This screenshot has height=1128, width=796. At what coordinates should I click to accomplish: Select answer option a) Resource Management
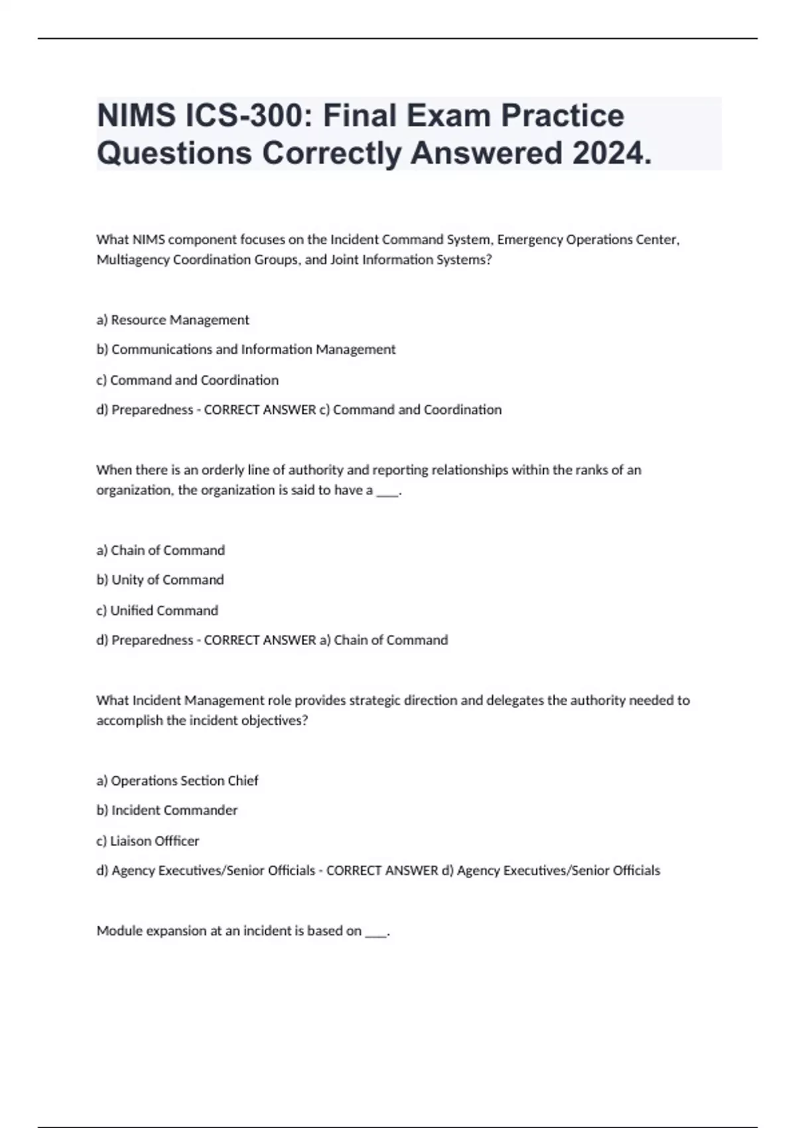click(x=172, y=320)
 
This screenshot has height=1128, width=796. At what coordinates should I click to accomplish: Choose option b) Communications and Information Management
click(x=245, y=349)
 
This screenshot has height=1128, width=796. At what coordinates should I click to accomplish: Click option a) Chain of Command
click(x=161, y=550)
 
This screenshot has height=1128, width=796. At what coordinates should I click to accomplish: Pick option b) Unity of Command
click(x=160, y=579)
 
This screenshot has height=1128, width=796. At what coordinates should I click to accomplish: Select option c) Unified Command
click(x=157, y=610)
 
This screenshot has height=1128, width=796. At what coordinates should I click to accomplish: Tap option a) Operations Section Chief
click(x=177, y=780)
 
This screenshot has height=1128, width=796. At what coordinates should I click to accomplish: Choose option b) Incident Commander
click(x=166, y=810)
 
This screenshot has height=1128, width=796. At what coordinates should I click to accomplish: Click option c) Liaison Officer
click(x=147, y=841)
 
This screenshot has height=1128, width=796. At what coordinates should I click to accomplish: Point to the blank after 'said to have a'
click(x=387, y=491)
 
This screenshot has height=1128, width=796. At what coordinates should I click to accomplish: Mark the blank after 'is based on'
click(x=375, y=932)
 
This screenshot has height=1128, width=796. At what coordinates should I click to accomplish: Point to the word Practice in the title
click(x=563, y=115)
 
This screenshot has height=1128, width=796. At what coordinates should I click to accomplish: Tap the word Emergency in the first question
click(x=529, y=239)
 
